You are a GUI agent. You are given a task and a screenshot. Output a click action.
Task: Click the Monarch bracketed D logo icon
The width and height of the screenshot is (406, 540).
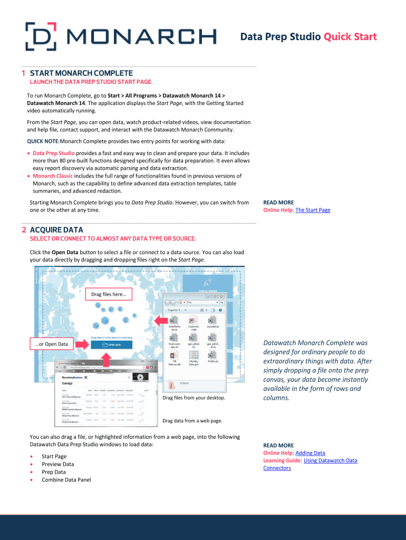coord(39,36)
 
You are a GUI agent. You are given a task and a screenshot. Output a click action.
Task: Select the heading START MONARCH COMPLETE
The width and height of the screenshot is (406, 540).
coord(81,73)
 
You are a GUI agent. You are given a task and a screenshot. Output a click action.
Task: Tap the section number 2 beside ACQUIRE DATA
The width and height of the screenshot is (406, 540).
coord(24,230)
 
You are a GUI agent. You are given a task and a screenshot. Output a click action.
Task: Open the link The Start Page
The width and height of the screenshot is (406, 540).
coord(313,210)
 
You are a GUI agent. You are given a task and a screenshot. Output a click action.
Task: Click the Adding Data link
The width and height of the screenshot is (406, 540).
coord(310,453)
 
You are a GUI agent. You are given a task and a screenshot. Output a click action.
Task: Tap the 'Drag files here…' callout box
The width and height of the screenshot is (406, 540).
coord(109,294)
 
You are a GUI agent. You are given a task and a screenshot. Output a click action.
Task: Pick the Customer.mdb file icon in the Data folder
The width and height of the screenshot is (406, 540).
coord(194,322)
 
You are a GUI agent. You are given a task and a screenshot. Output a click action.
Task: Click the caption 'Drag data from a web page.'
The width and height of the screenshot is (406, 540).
coord(192,421)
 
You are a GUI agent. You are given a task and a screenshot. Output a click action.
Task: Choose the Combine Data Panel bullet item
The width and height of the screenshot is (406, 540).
coord(66,480)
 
